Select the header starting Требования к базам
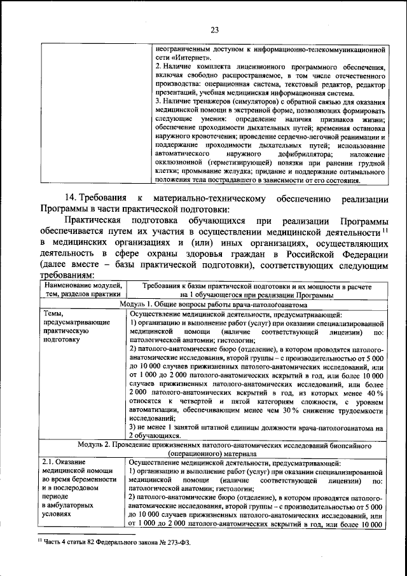tap(256, 291)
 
